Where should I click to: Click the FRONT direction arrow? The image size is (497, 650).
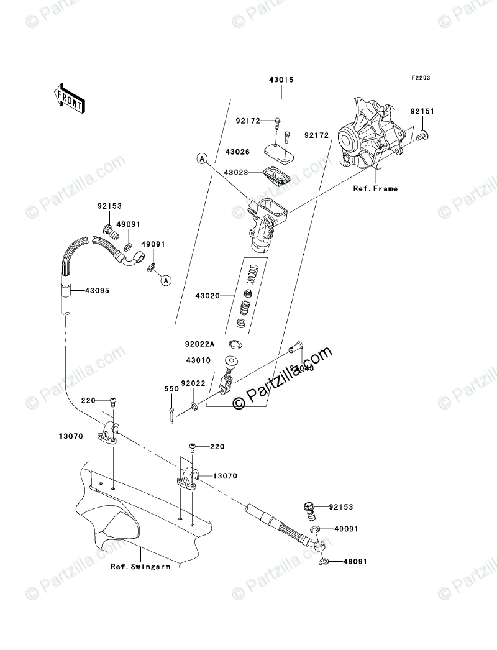pyautogui.click(x=69, y=97)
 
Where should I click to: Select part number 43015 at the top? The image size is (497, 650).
pyautogui.click(x=281, y=80)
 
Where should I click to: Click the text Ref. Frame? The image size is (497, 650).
pyautogui.click(x=375, y=188)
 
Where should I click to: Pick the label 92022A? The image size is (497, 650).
pyautogui.click(x=200, y=343)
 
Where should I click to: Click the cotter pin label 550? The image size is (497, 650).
pyautogui.click(x=171, y=388)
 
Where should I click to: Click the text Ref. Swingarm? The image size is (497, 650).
pyautogui.click(x=140, y=566)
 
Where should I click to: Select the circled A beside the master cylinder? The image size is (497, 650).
pyautogui.click(x=202, y=159)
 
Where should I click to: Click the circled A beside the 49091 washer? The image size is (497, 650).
pyautogui.click(x=165, y=280)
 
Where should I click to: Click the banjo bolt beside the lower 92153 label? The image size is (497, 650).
pyautogui.click(x=310, y=511)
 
